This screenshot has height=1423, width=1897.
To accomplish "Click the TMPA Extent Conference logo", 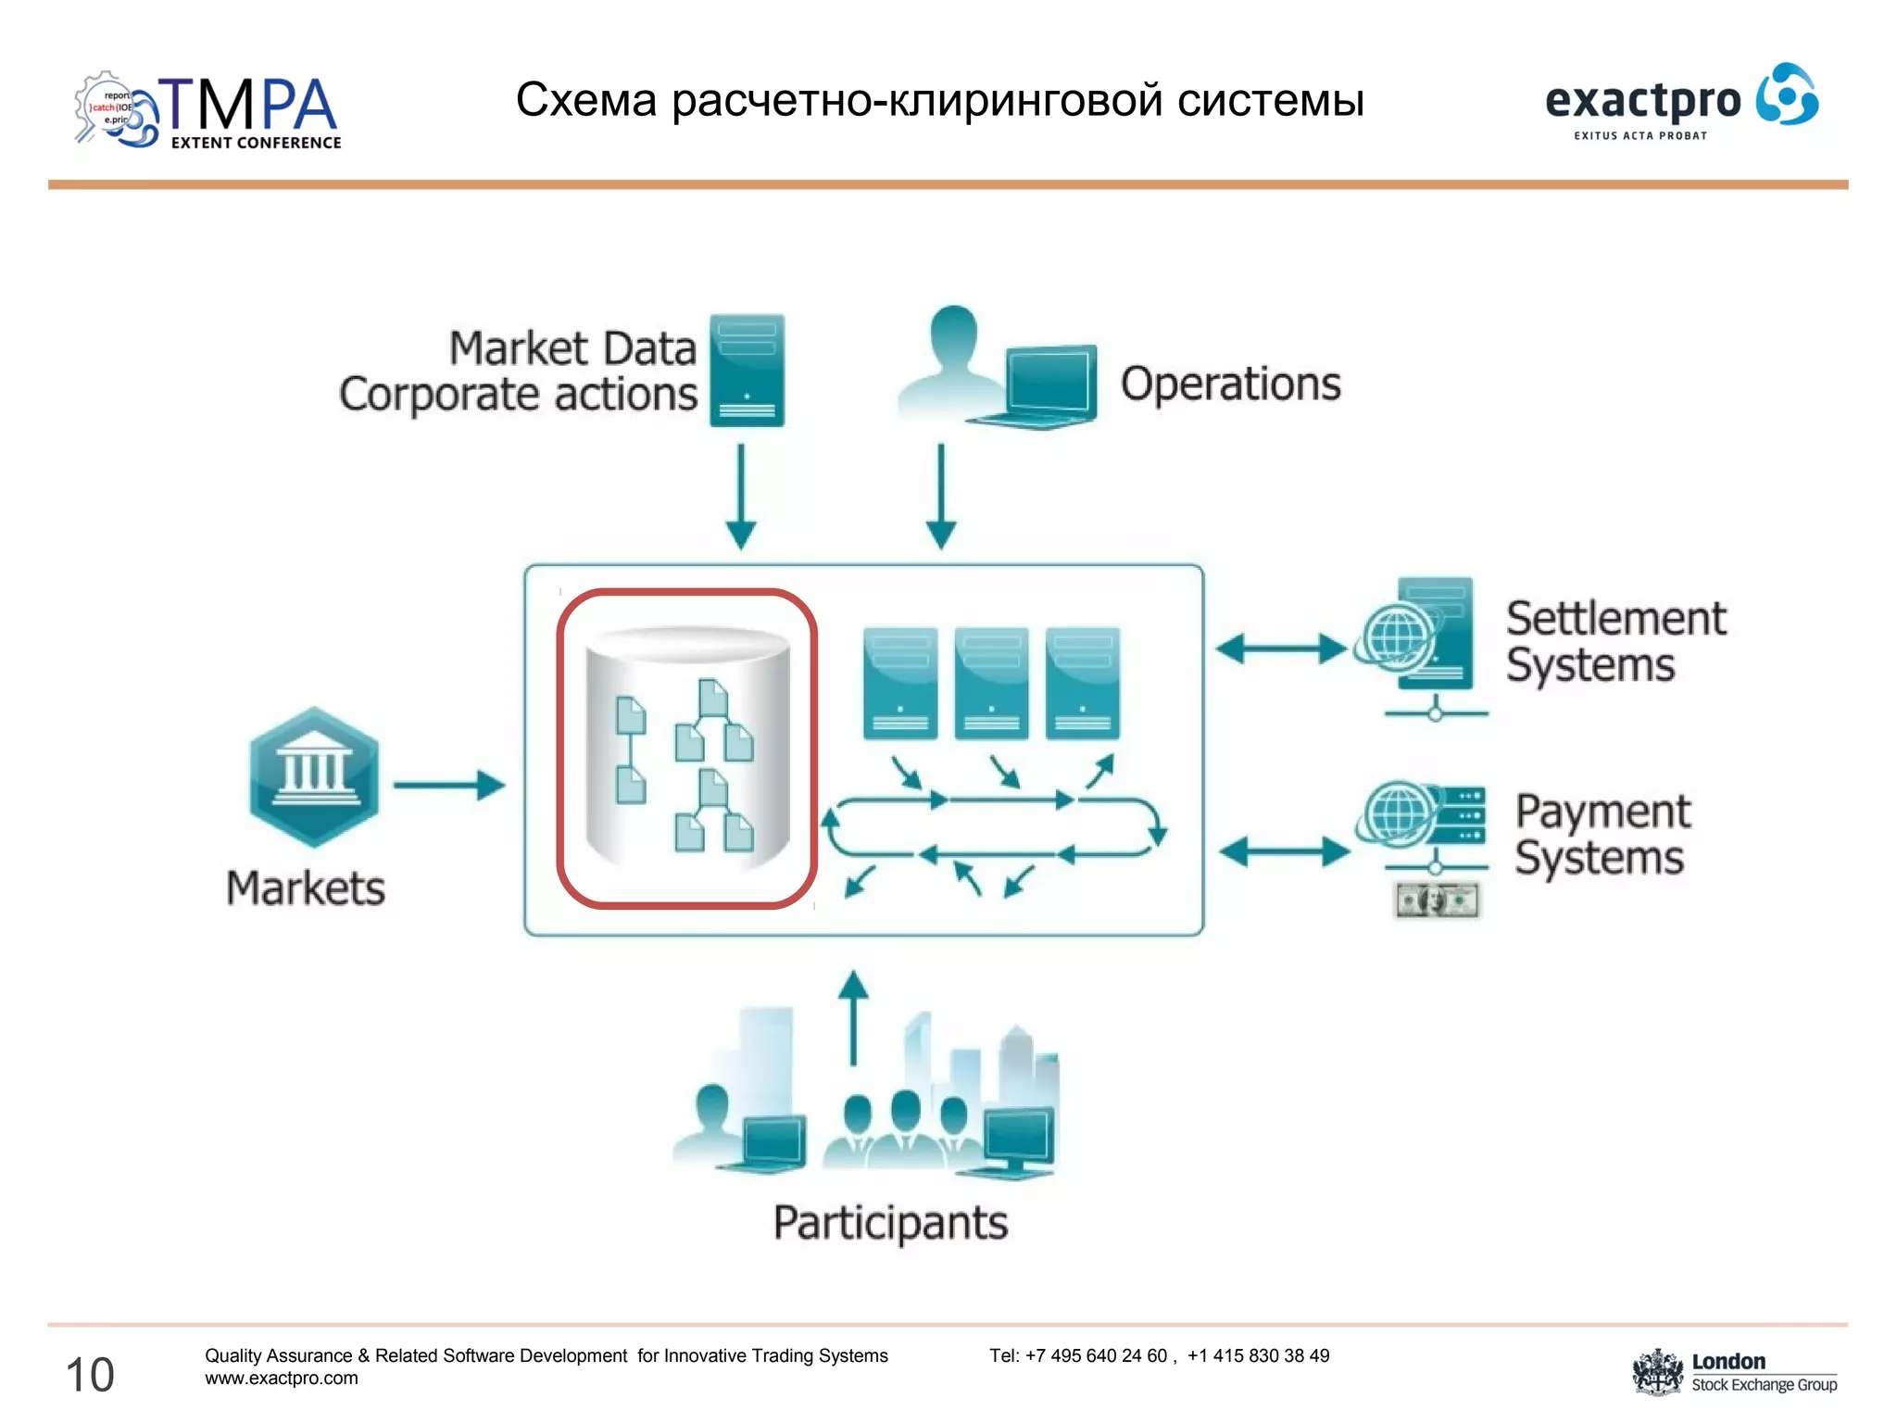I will tap(207, 111).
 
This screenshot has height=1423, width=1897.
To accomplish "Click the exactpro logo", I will tap(1680, 102).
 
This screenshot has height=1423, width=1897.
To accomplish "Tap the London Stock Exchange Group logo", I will tap(1734, 1372).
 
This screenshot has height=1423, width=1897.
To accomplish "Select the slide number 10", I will tap(90, 1374).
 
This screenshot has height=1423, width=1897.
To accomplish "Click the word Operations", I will tap(1230, 384).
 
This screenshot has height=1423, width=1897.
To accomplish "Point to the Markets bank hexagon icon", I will tap(314, 776).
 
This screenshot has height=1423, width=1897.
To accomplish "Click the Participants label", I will tap(890, 1223).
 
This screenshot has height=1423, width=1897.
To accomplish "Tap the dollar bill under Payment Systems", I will tap(1437, 900).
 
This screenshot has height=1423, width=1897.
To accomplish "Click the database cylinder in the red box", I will tap(687, 747).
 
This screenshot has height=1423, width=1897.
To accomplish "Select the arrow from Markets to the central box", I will tap(449, 786).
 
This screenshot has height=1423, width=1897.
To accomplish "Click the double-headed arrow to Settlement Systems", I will tap(1281, 649).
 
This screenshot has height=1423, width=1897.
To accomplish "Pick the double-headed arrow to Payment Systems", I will tap(1284, 850).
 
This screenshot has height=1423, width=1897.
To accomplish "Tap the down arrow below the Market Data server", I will tap(741, 497).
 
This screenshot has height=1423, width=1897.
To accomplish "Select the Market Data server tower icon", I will tap(747, 371).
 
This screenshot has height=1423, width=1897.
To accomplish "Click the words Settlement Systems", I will tap(1614, 641).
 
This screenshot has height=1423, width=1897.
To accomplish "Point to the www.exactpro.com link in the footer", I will tap(282, 1379).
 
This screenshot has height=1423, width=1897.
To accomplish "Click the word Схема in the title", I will tap(585, 100).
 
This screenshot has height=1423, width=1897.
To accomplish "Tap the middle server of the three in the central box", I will tap(991, 683).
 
